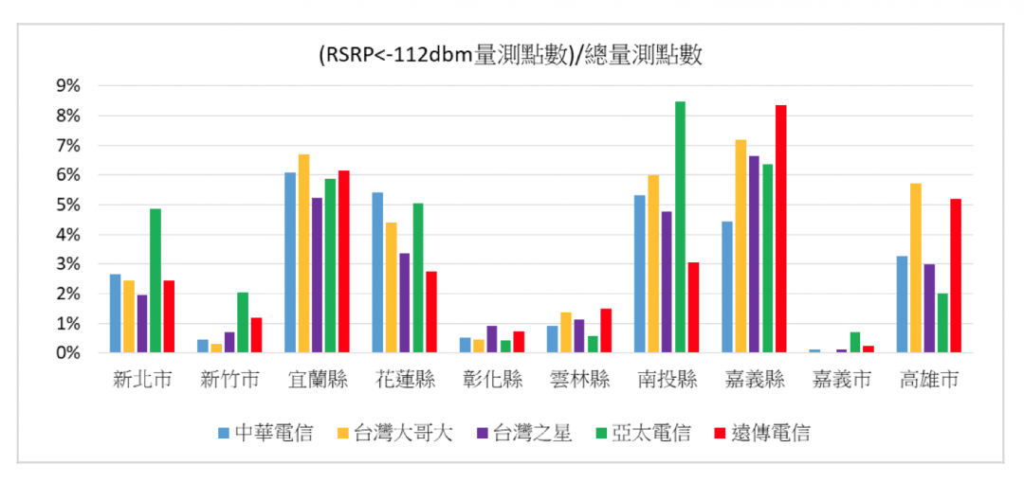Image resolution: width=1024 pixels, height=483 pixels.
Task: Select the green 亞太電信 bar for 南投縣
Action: [x=680, y=227]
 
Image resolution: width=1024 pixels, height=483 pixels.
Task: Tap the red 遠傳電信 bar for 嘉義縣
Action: [x=780, y=229]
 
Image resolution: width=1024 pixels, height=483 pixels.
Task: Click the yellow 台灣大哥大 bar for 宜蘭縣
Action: [x=303, y=254]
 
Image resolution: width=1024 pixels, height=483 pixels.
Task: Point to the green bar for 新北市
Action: [x=155, y=281]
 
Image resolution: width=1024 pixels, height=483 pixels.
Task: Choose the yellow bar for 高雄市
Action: [x=915, y=268]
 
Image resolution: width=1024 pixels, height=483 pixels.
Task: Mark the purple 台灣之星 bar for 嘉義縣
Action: [x=754, y=255]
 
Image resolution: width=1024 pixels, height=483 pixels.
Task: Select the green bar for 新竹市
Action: [x=243, y=323]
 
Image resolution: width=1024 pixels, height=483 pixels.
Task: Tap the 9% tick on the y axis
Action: [x=68, y=86]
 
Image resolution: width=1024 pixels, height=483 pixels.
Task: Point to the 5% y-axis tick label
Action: [x=68, y=206]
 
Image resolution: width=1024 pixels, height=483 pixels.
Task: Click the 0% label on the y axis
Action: [x=68, y=353]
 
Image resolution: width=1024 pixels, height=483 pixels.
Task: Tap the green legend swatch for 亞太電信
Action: [x=603, y=434]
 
